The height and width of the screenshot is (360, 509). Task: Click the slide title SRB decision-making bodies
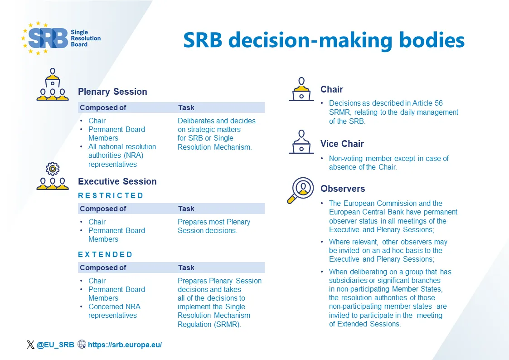click(x=324, y=40)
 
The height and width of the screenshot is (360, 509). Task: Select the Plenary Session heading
click(x=112, y=92)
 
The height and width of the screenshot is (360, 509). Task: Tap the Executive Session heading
click(x=117, y=181)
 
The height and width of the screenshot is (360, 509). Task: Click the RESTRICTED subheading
click(x=111, y=195)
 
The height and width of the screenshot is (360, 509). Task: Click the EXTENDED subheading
click(x=105, y=254)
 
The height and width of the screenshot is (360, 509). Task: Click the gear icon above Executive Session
click(x=53, y=169)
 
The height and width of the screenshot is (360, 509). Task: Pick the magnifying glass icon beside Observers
click(x=300, y=190)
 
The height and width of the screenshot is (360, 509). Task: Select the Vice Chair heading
click(x=342, y=144)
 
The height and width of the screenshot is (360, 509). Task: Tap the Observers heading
click(x=342, y=189)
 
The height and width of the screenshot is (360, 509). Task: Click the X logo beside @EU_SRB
click(x=30, y=345)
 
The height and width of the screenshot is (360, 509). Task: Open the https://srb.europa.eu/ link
click(x=125, y=345)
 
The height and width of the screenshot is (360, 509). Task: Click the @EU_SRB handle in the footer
click(x=55, y=345)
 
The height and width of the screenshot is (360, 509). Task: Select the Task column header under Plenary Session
click(x=186, y=107)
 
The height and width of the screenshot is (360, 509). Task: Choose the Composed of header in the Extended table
click(x=103, y=268)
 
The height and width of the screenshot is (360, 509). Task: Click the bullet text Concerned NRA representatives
click(x=114, y=311)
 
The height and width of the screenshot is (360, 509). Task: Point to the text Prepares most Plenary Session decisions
click(x=213, y=226)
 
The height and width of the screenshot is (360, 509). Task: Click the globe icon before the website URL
click(x=82, y=345)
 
